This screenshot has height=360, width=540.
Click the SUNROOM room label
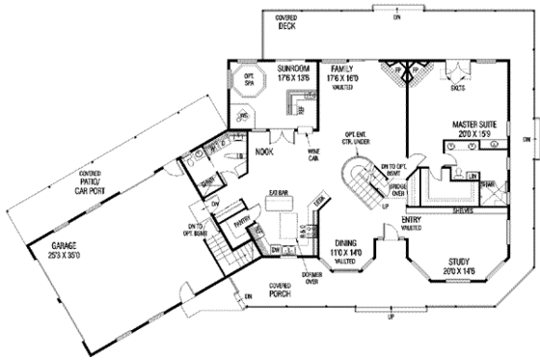pyautogui.click(x=291, y=70)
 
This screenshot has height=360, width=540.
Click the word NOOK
pyautogui.click(x=264, y=152)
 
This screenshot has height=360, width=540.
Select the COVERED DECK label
pyautogui.click(x=286, y=24)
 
